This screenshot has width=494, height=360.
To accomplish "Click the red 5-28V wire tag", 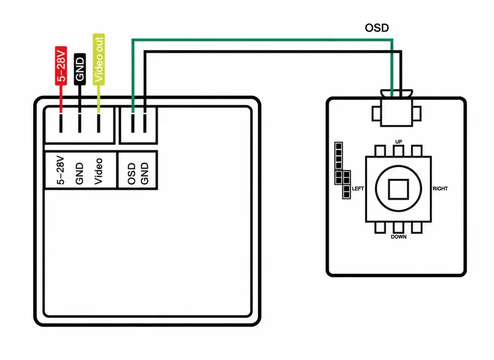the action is point(61,66).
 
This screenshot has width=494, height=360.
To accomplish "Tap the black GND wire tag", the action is point(80,69).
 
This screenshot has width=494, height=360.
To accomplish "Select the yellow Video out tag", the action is point(99,60).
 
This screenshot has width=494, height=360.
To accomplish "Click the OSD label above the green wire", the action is point(377,28).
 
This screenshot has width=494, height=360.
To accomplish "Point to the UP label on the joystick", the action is point(399,142).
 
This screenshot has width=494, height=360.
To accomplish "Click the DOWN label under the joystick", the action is point(399,237).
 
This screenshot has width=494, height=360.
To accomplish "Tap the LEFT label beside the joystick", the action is point(358,189).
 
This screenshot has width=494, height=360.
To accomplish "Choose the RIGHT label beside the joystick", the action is point(440,189).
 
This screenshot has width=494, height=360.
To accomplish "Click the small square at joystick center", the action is point(399,189).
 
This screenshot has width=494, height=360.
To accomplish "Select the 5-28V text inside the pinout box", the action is point(60,170).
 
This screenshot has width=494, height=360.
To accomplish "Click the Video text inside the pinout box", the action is point(99,171).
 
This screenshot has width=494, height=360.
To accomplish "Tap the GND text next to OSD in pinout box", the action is point(144,173).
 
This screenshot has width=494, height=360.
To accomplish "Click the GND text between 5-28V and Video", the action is point(79,173).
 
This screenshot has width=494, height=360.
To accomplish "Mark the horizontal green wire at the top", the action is point(262,40).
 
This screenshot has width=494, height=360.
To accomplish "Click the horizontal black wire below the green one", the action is point(273,52).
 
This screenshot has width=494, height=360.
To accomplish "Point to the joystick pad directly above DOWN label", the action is point(399,228).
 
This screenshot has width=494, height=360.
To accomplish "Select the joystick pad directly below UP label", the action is point(399,151).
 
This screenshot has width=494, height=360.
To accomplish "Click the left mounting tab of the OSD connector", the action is point(376,114).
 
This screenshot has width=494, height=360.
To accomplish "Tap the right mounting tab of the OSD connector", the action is point(417,114).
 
